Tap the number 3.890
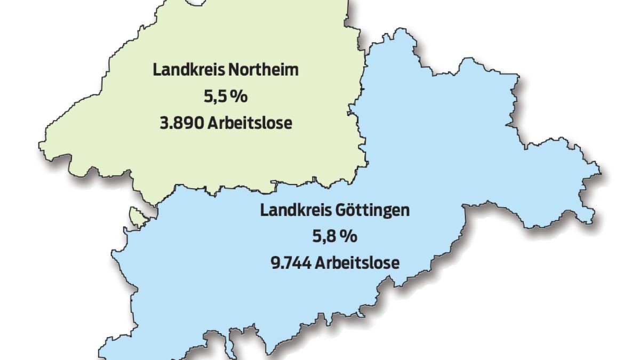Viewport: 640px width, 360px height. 181,123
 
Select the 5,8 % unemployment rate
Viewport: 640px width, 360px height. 334,236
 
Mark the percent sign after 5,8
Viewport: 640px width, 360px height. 351,236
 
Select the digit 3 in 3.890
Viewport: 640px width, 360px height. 163,123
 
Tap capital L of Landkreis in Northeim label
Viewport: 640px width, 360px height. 156,70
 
